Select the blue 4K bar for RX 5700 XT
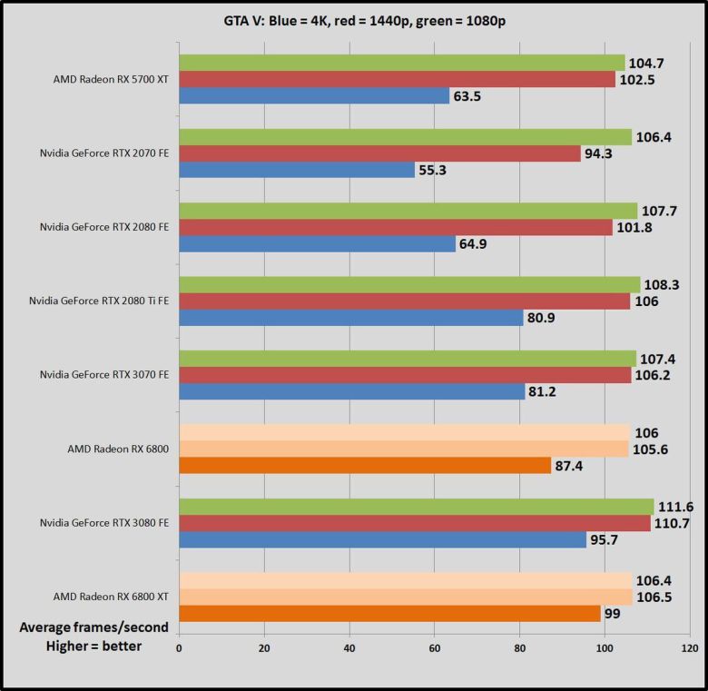pyautogui.click(x=314, y=95)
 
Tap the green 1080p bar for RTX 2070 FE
pyautogui.click(x=405, y=137)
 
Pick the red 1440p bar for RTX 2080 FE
pyautogui.click(x=396, y=227)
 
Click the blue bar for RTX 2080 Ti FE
pyautogui.click(x=350, y=318)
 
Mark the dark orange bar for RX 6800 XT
pyautogui.click(x=389, y=614)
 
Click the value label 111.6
pyautogui.click(x=677, y=507)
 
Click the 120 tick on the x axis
pyautogui.click(x=690, y=648)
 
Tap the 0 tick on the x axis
pyautogui.click(x=179, y=648)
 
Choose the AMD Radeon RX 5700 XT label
pyautogui.click(x=111, y=79)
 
